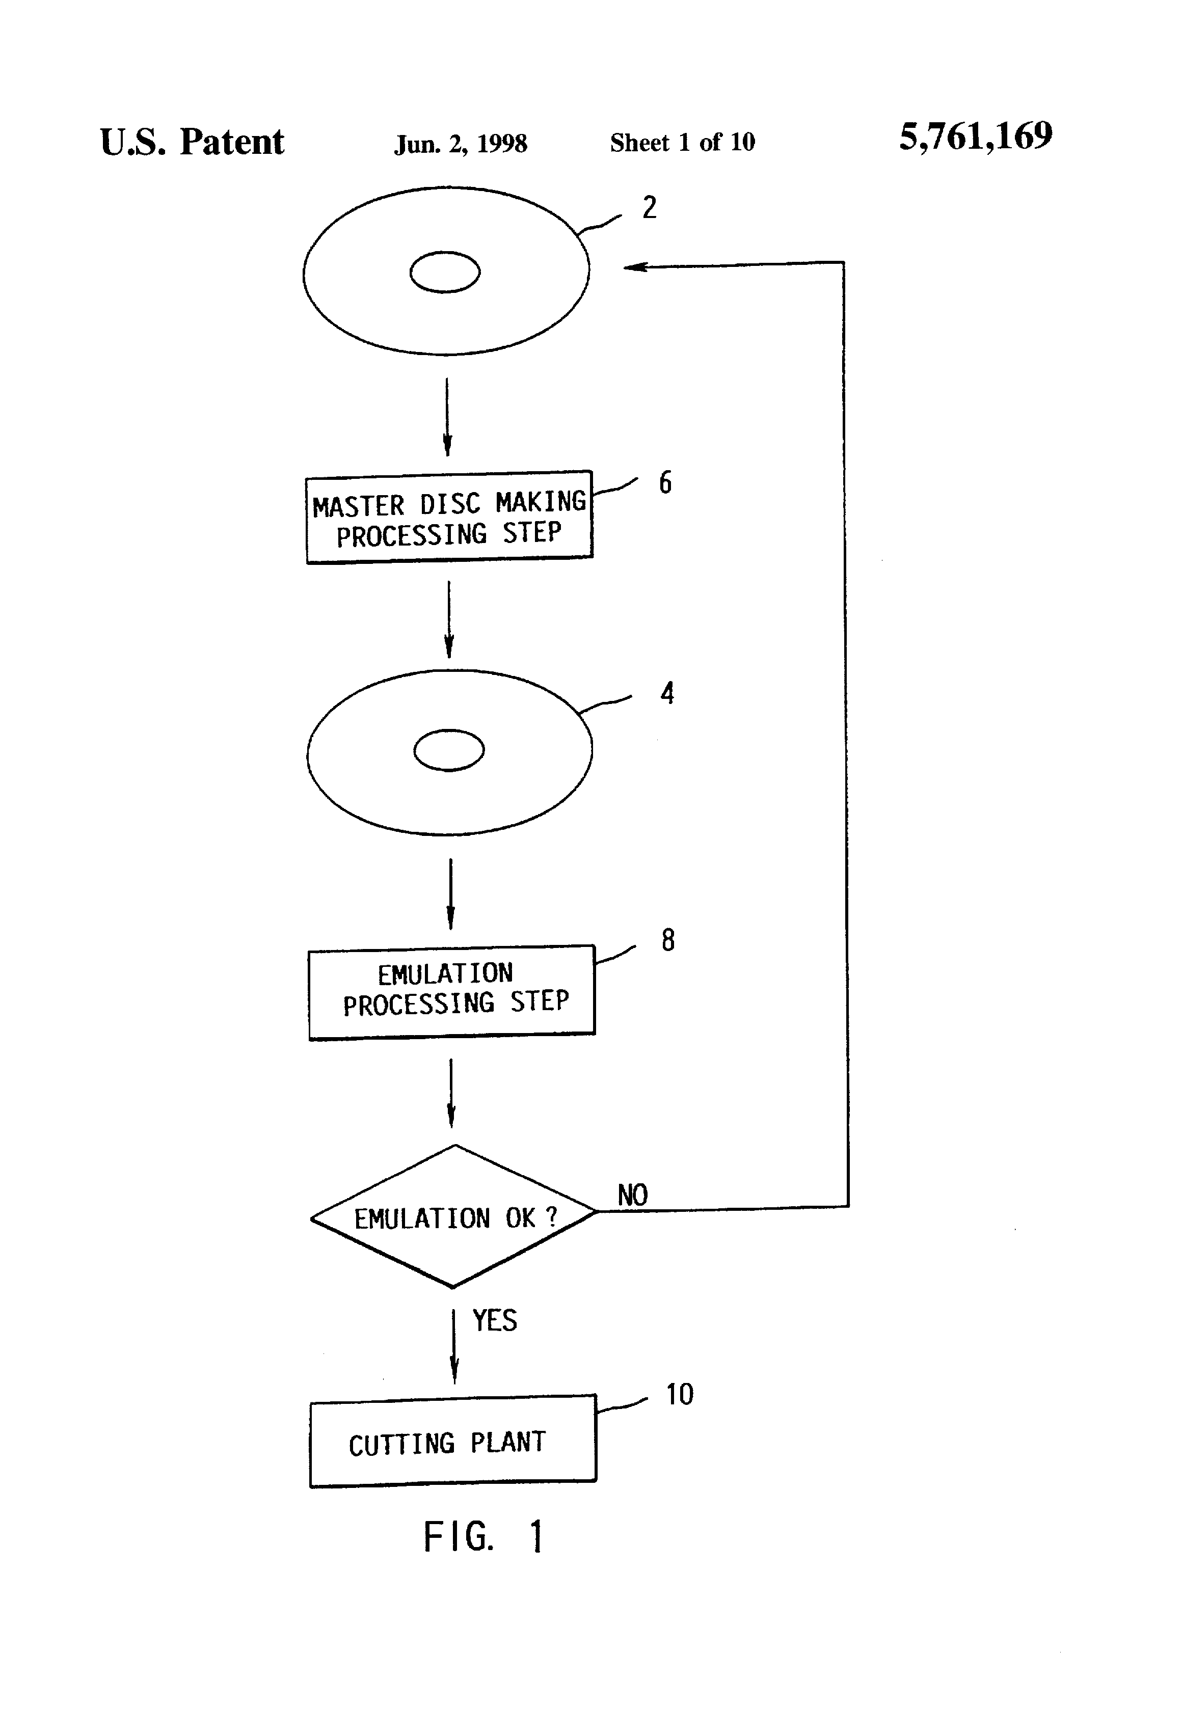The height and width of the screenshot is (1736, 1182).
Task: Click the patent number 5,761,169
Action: [x=976, y=137]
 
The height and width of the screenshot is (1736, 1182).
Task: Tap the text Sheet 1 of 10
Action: [x=682, y=142]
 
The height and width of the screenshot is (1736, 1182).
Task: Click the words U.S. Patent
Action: [x=192, y=142]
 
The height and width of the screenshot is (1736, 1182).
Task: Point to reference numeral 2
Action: [x=649, y=207]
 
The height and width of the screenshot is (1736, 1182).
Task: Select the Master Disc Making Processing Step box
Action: [x=449, y=517]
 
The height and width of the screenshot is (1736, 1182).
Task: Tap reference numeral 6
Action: [x=665, y=482]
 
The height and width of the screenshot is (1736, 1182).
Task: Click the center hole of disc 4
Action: [x=449, y=750]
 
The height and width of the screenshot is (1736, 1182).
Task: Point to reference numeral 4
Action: [x=667, y=693]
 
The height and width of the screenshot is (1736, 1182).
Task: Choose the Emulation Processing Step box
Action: [x=452, y=992]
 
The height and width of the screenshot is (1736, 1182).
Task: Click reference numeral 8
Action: [x=668, y=940]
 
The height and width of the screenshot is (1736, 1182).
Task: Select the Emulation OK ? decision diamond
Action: [x=453, y=1216]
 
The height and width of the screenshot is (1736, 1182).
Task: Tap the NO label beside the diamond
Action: [x=632, y=1195]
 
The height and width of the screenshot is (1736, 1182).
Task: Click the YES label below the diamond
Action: [x=495, y=1321]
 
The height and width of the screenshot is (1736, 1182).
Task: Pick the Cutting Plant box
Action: [x=453, y=1440]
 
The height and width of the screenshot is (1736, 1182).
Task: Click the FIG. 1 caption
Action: [x=484, y=1536]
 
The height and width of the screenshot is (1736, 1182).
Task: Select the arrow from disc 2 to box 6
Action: [x=447, y=417]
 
